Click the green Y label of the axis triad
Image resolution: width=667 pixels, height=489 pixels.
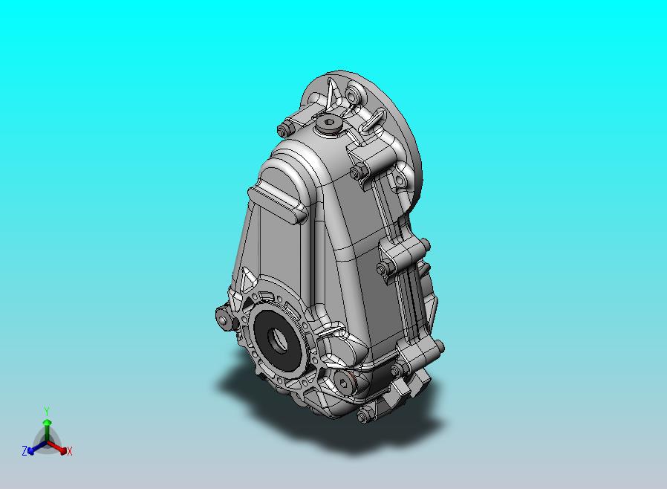pos(47,411)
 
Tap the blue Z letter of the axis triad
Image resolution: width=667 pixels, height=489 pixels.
pos(25,450)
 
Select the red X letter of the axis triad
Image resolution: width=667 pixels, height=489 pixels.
pos(70,452)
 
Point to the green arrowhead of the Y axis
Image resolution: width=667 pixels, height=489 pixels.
pos(48,422)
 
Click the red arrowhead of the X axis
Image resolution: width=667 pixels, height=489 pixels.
pos(63,450)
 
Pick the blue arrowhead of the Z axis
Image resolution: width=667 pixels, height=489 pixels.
pos(30,450)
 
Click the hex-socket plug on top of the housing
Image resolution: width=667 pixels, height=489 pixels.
pos(329,124)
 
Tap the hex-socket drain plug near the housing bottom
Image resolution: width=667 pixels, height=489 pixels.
pos(343,383)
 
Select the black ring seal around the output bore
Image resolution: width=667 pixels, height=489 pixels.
pos(277,340)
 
